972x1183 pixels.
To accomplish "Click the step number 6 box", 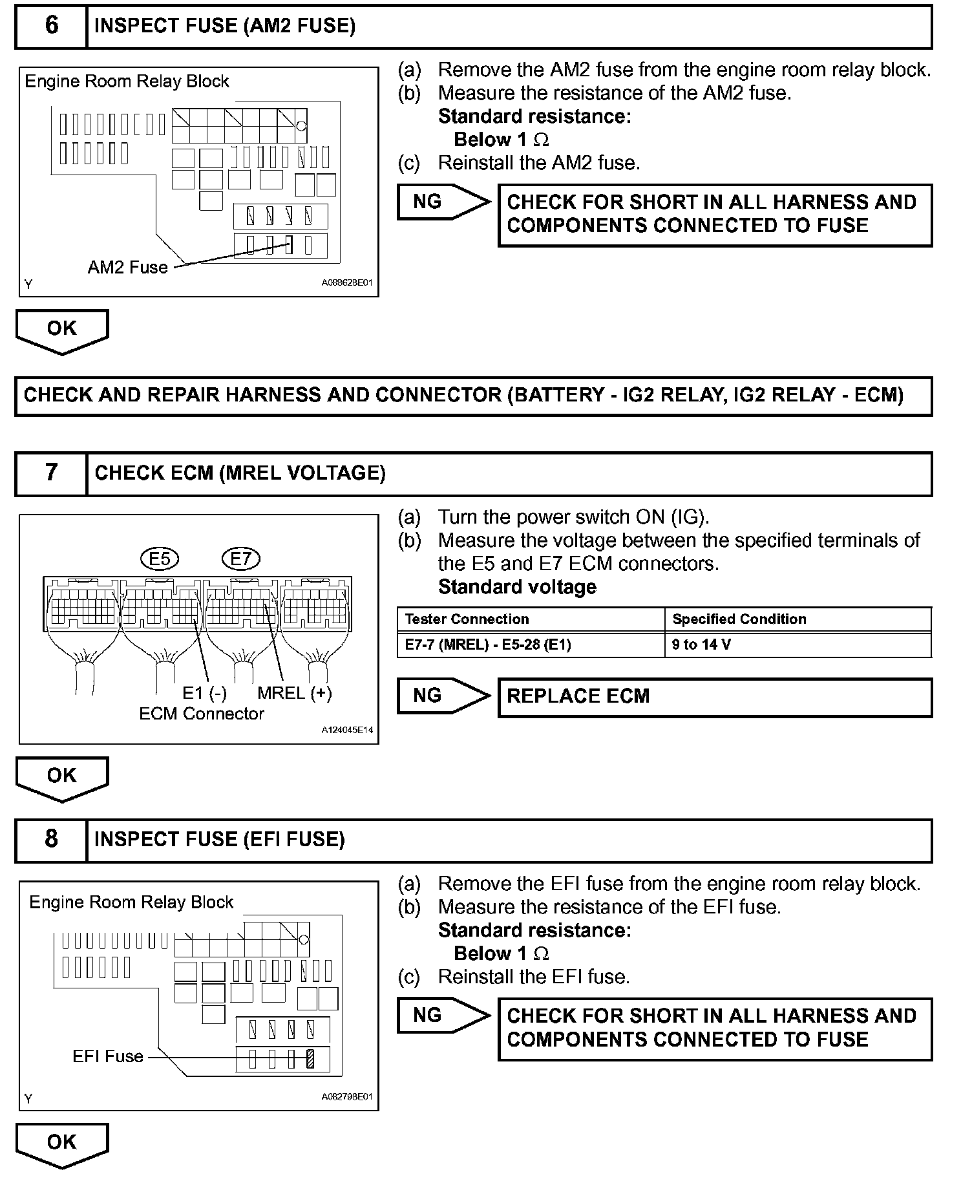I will point(51,26).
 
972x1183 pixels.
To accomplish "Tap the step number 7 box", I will point(51,473).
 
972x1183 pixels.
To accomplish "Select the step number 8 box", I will point(51,839).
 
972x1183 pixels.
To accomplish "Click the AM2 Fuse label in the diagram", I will point(127,267).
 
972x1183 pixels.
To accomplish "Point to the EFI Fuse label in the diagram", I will point(107,1056).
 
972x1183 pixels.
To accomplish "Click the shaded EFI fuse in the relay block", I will point(310,1058).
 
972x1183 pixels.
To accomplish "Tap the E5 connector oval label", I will point(159,559).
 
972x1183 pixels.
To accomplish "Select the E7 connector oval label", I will point(240,559).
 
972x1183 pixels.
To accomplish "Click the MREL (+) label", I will point(294,693).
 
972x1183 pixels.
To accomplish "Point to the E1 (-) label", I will point(204,693).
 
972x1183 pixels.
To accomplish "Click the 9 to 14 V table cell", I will point(702,645).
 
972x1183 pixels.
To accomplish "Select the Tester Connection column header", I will point(467,619).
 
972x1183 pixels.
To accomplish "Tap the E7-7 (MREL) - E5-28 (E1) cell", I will point(488,645).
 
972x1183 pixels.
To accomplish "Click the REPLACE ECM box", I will point(714,697).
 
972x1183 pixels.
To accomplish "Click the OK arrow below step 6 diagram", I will point(61,330).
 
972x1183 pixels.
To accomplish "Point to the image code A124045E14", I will point(346,730).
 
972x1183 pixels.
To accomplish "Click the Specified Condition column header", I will point(739,619).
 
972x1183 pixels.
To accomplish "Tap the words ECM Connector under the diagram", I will point(202,714).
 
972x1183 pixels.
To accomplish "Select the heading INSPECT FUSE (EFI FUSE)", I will point(220,839).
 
